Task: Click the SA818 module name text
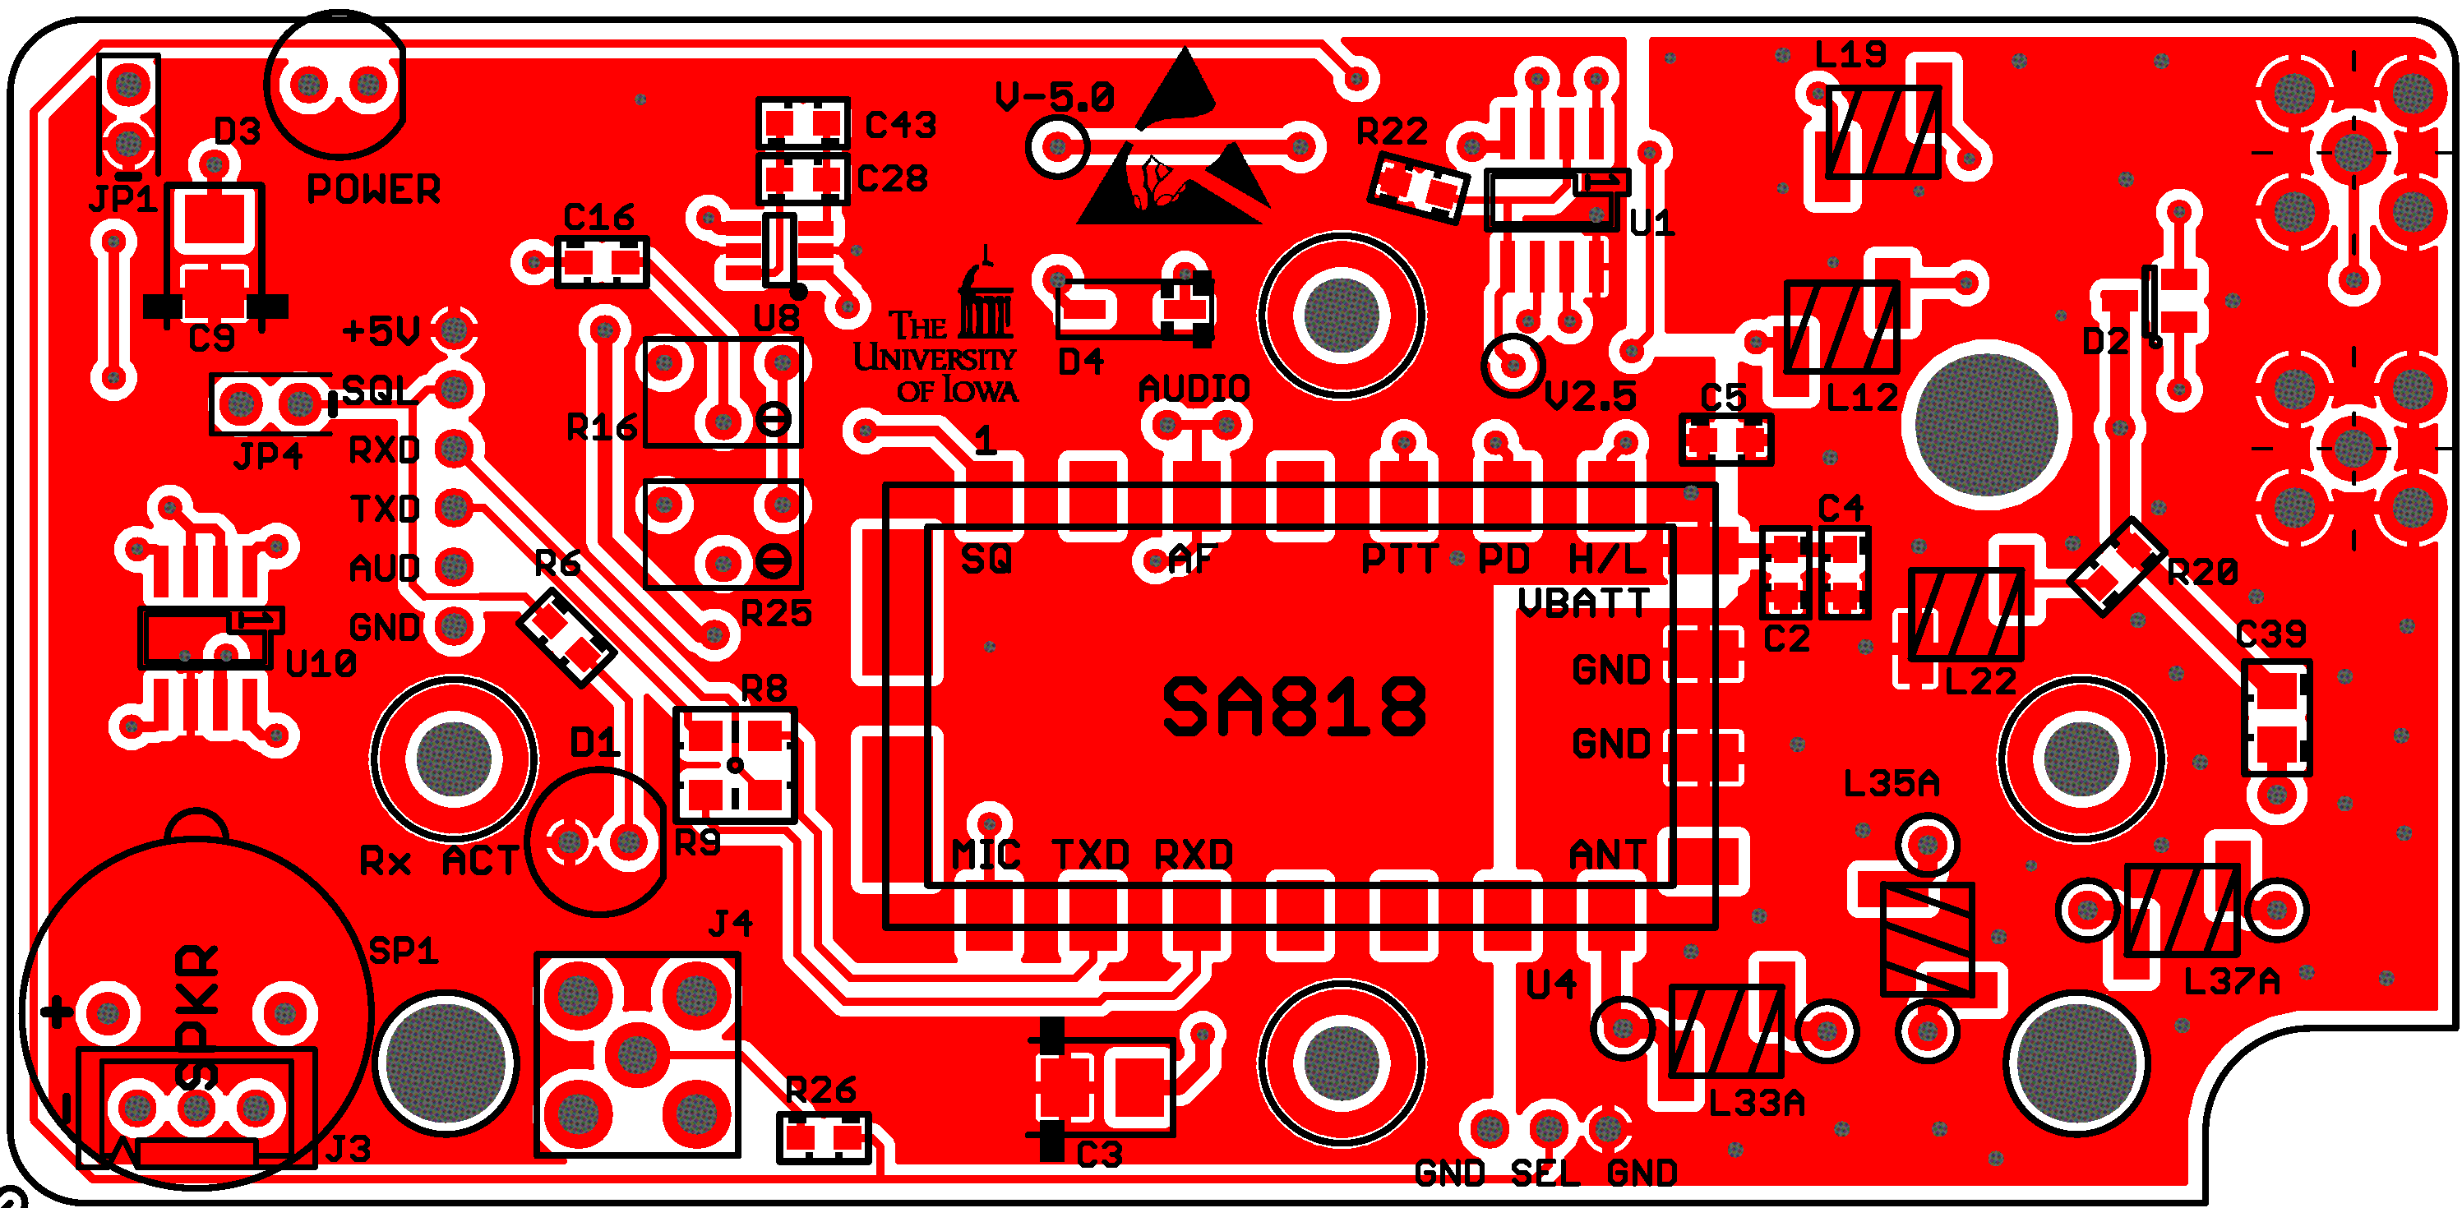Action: point(1294,708)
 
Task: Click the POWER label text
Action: point(372,189)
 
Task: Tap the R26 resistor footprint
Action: point(824,1137)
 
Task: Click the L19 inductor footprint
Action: point(1882,131)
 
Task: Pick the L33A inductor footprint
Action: point(1726,1031)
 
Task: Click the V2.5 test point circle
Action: point(1513,364)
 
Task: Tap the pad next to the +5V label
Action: point(454,330)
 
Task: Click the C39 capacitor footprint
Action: point(2276,717)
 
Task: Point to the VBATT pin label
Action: point(1585,603)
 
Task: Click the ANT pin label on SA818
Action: point(1609,855)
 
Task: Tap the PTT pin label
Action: point(1399,559)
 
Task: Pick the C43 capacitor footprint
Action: point(803,123)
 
